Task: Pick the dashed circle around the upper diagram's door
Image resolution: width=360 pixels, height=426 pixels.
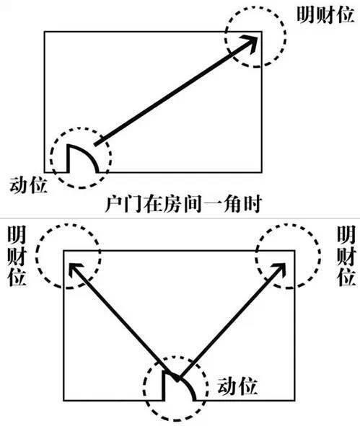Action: pyautogui.click(x=82, y=130)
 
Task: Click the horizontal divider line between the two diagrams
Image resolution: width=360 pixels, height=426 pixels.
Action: pyautogui.click(x=180, y=218)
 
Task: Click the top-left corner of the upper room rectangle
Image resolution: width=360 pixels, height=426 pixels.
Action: pyautogui.click(x=45, y=32)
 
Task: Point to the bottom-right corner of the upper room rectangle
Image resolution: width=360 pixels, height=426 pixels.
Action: pyautogui.click(x=261, y=173)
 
